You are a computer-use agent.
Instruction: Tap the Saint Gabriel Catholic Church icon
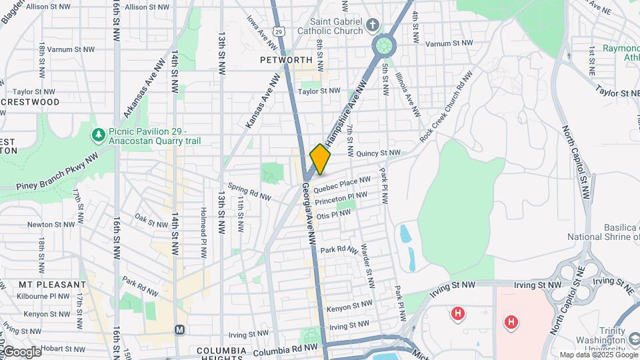[373, 25]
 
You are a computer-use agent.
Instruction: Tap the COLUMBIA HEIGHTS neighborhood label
[221, 351]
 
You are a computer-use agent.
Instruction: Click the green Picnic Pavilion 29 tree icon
[99, 135]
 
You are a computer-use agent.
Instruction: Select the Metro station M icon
[179, 330]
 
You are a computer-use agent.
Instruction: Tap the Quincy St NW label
[378, 153]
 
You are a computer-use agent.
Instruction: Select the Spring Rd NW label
[249, 192]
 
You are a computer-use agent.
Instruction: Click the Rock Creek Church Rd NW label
[446, 106]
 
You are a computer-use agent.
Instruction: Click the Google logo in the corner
[21, 351]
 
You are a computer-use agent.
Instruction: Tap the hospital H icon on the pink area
[511, 323]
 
